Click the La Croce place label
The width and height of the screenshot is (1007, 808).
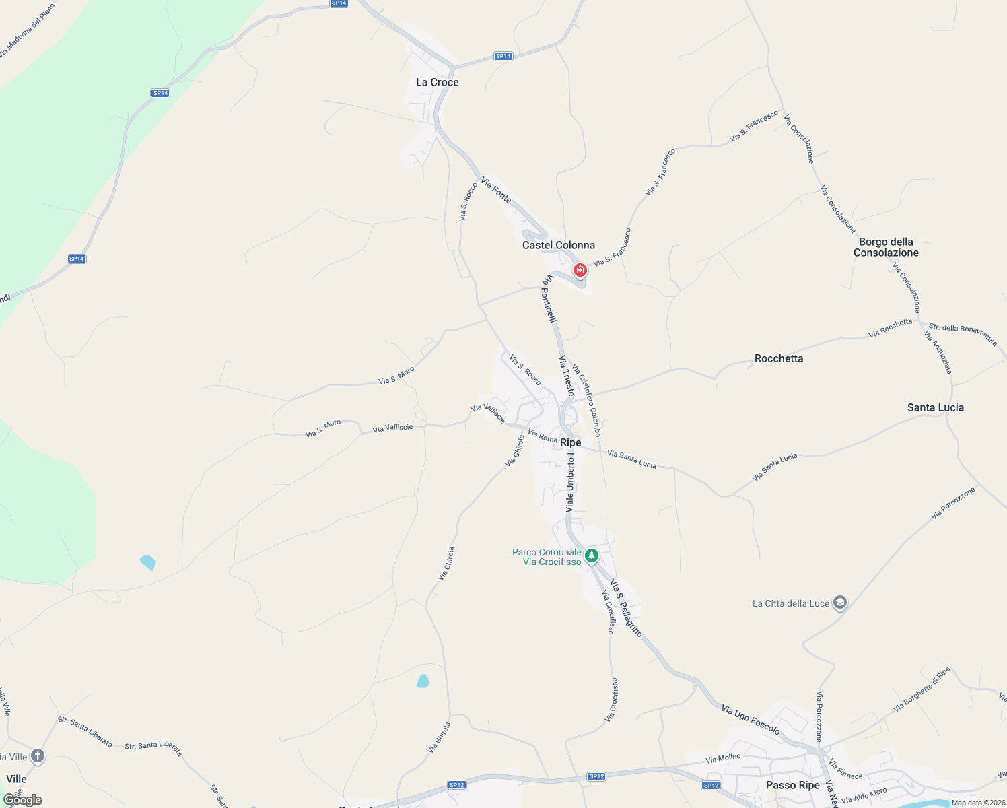pyautogui.click(x=438, y=82)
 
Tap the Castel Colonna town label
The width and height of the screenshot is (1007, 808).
pyautogui.click(x=559, y=245)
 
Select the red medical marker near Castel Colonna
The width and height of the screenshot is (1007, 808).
pyautogui.click(x=580, y=271)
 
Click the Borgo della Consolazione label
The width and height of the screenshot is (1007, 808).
pyautogui.click(x=886, y=247)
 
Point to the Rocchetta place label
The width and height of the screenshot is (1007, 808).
pyautogui.click(x=779, y=358)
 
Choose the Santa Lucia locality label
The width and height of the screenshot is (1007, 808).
pyautogui.click(x=935, y=407)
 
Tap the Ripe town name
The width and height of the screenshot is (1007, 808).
pyautogui.click(x=571, y=442)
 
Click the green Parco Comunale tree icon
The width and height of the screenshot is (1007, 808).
pyautogui.click(x=592, y=555)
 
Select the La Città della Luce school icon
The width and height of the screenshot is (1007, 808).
pyautogui.click(x=839, y=603)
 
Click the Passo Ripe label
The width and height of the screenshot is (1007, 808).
pyautogui.click(x=793, y=785)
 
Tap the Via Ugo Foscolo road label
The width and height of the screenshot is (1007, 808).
pyautogui.click(x=751, y=719)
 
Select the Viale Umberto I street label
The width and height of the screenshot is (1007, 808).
pyautogui.click(x=570, y=481)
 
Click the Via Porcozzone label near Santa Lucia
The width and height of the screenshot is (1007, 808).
pyautogui.click(x=953, y=504)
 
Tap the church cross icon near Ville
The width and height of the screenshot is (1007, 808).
pyautogui.click(x=38, y=756)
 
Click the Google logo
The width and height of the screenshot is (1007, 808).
pyautogui.click(x=23, y=800)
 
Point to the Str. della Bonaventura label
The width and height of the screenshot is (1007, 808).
pyautogui.click(x=963, y=334)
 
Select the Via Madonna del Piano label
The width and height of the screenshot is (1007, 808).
pyautogui.click(x=28, y=30)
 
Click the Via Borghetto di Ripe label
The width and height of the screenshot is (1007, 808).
pyautogui.click(x=922, y=689)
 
